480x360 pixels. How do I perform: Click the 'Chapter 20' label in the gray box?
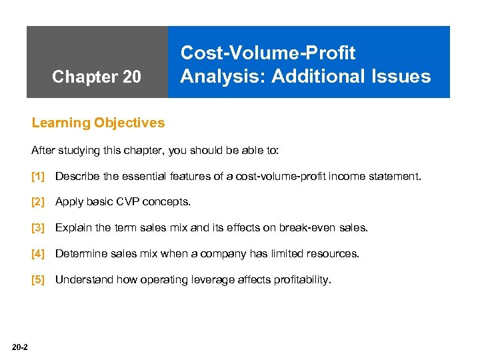pyautogui.click(x=97, y=77)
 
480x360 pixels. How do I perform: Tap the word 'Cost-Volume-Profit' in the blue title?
pyautogui.click(x=268, y=53)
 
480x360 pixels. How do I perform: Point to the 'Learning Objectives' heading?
pyautogui.click(x=98, y=123)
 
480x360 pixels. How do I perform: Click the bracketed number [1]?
pyautogui.click(x=38, y=177)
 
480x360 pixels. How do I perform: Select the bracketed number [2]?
pyautogui.click(x=38, y=202)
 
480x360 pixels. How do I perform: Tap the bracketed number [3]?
pyautogui.click(x=38, y=228)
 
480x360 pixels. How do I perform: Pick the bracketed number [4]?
pyautogui.click(x=38, y=254)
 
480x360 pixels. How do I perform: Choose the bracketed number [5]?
pyautogui.click(x=38, y=280)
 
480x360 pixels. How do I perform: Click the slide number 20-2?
pyautogui.click(x=19, y=345)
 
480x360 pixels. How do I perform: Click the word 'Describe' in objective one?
pyautogui.click(x=77, y=177)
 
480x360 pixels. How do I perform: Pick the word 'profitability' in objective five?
pyautogui.click(x=301, y=280)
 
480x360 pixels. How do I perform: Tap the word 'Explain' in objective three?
pyautogui.click(x=73, y=228)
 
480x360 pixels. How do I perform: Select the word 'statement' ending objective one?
pyautogui.click(x=397, y=177)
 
